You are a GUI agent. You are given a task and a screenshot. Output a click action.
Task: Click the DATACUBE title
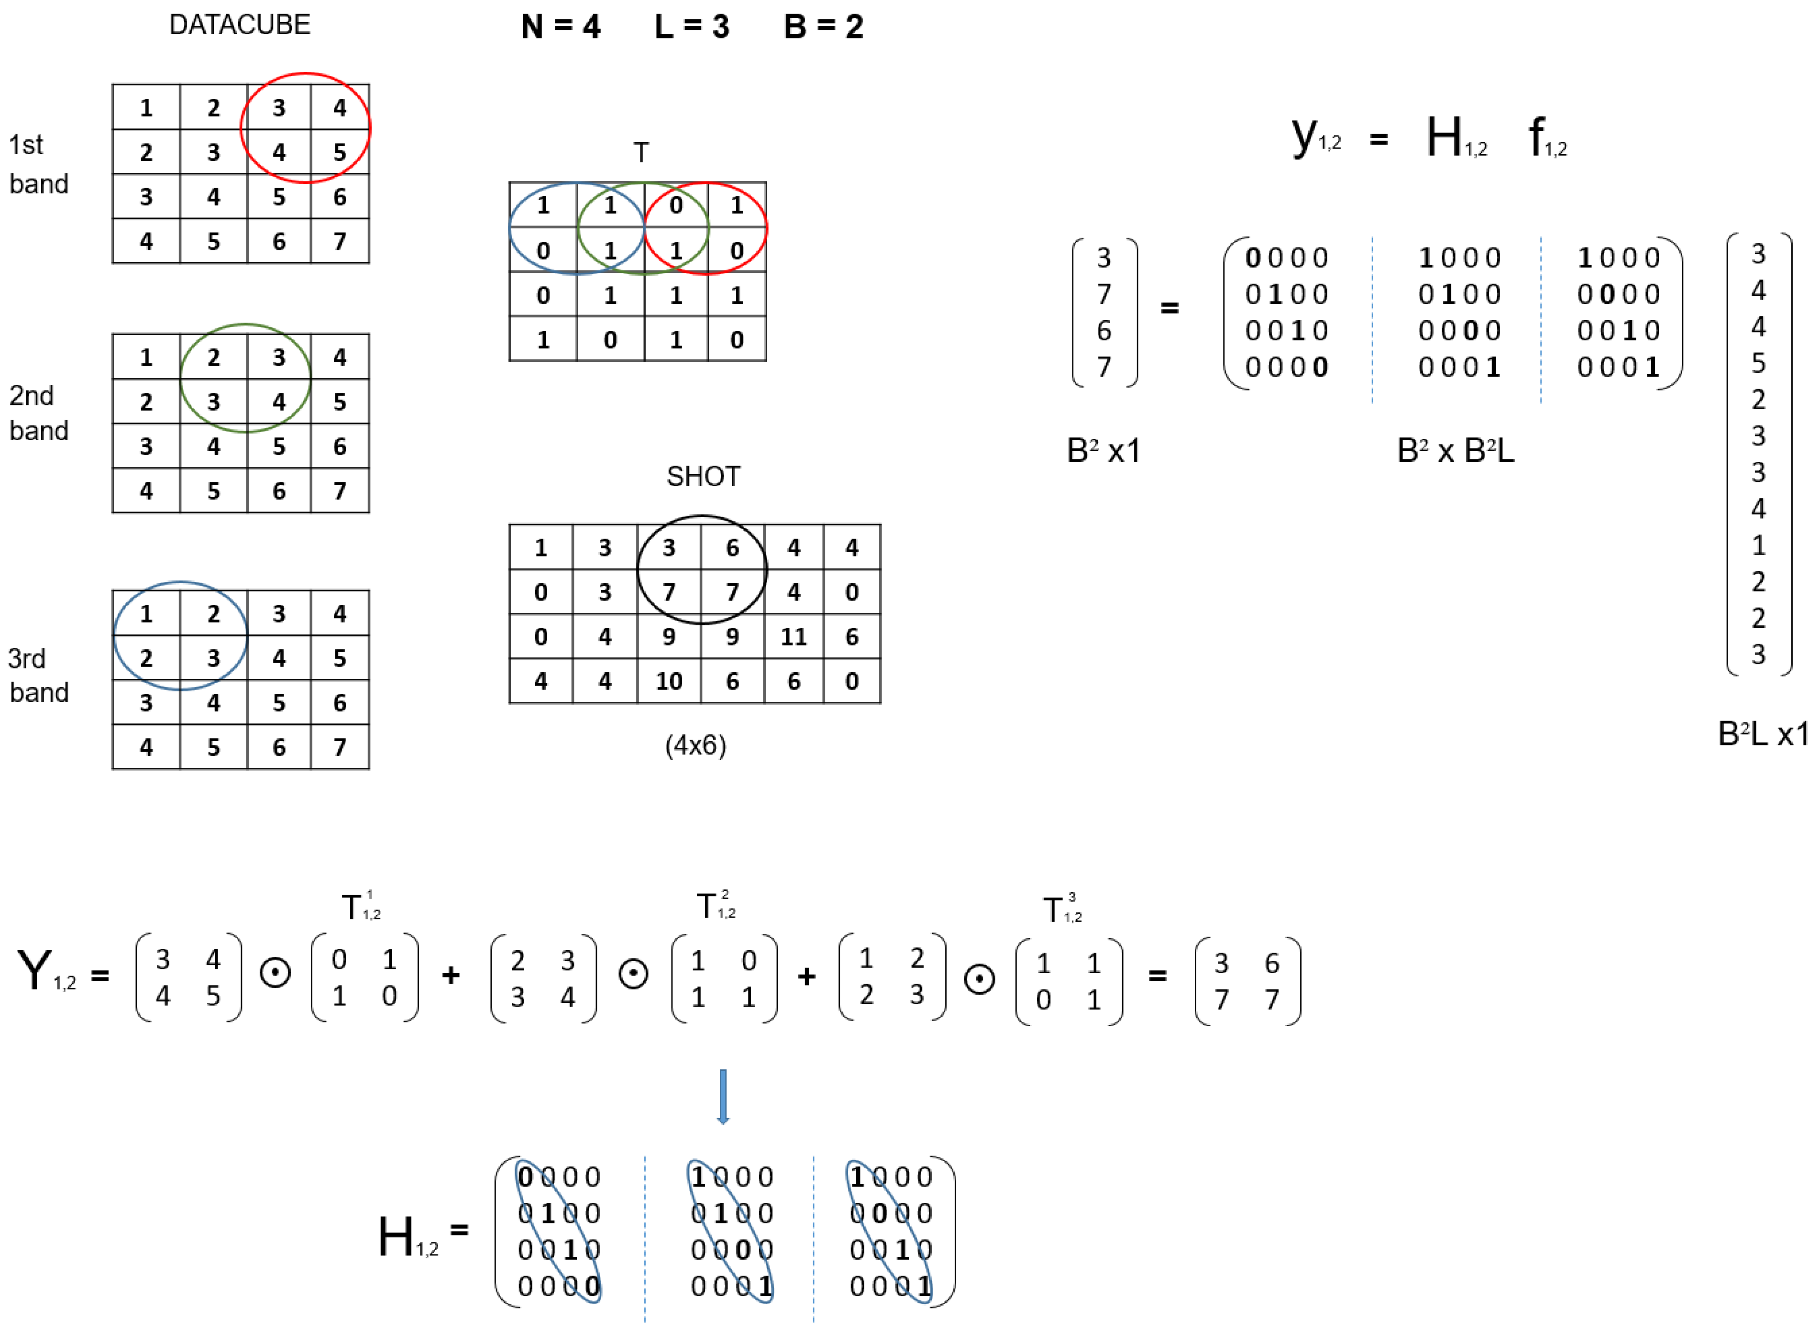point(239,25)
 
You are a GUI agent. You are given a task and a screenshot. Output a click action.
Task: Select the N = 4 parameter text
point(560,27)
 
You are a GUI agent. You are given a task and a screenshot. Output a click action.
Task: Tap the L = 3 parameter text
point(692,27)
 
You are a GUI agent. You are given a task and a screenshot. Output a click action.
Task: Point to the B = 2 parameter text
point(823,27)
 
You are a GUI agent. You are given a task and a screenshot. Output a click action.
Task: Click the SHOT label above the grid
point(703,477)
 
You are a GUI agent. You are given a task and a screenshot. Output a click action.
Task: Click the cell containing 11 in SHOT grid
point(793,637)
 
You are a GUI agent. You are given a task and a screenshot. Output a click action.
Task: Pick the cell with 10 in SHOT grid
point(668,681)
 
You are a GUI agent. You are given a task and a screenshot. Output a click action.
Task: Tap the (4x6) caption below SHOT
point(695,745)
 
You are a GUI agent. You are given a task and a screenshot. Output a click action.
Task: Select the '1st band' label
point(38,164)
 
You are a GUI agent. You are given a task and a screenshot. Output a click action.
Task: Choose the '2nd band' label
point(38,413)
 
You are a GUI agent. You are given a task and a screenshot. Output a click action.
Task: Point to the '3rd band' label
point(38,676)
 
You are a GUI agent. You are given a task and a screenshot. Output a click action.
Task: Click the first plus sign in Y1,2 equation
point(451,976)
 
